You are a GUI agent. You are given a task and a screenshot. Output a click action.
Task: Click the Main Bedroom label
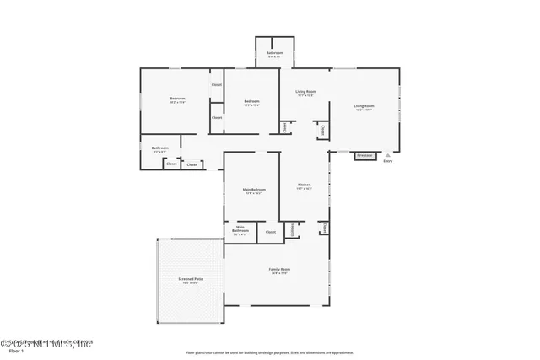(254, 190)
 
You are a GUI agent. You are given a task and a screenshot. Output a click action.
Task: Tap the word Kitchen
(305, 185)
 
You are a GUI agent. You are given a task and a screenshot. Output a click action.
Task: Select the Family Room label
(278, 269)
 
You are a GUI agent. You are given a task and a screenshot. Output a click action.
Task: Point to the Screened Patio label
(190, 278)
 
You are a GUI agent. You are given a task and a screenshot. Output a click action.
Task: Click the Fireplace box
(364, 156)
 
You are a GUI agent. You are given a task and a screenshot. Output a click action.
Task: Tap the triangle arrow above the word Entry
(387, 156)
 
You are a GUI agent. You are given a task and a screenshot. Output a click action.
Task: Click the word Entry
(387, 161)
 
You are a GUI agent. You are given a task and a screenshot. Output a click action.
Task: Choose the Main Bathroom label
(240, 228)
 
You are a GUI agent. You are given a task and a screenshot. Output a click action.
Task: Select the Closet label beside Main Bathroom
(271, 231)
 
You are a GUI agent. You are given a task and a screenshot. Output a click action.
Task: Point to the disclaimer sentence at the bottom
(270, 352)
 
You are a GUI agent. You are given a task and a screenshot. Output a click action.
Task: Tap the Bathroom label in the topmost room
(274, 53)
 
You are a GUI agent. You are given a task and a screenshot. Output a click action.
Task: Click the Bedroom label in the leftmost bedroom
(177, 99)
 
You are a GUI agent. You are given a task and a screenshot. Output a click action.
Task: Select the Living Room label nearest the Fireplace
(364, 105)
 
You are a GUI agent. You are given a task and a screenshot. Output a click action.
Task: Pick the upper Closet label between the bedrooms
(217, 85)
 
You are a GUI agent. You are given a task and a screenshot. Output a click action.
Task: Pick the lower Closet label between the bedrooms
(217, 117)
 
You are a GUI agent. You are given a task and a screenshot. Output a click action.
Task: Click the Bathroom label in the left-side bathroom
(160, 148)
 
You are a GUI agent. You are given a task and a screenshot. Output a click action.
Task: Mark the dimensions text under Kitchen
(305, 189)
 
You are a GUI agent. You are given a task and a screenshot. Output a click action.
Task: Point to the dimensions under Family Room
(278, 273)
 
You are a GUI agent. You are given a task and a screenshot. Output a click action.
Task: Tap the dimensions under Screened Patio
(190, 282)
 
